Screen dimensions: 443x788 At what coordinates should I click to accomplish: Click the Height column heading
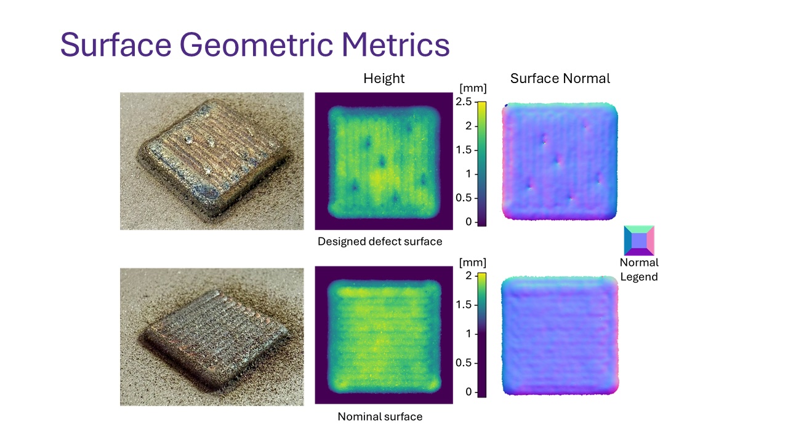384,78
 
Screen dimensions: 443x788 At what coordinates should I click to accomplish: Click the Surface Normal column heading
560,78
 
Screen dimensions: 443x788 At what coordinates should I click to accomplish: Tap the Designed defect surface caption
380,241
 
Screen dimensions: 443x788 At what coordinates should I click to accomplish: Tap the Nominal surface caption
380,417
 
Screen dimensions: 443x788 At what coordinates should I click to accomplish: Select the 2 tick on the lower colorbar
470,276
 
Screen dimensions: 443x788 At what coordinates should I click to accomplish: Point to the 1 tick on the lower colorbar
470,334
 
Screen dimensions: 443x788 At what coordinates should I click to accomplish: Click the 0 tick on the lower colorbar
470,392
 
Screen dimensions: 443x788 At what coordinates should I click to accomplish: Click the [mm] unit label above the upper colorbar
473,89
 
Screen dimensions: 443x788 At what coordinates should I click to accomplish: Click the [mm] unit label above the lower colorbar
473,263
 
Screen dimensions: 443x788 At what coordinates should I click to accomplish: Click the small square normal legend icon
639,241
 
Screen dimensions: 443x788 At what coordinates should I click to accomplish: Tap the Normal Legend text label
639,269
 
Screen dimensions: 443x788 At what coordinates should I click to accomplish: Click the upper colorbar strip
481,163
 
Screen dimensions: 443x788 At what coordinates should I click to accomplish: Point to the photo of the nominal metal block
212,337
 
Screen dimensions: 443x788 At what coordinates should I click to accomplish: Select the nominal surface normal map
560,335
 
